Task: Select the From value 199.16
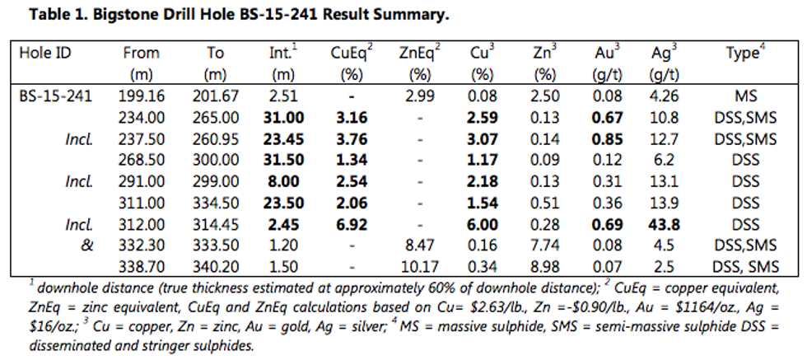pyautogui.click(x=142, y=96)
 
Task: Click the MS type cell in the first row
pyautogui.click(x=745, y=96)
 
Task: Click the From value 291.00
pyautogui.click(x=142, y=182)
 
